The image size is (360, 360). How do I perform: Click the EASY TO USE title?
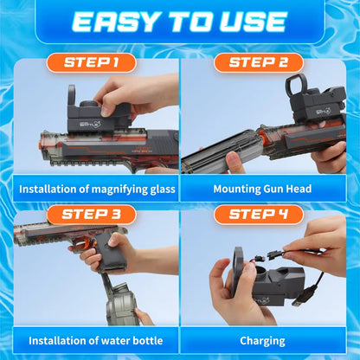(180, 22)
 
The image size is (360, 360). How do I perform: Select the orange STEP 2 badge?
(259, 62)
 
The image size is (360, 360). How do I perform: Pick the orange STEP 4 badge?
(259, 214)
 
